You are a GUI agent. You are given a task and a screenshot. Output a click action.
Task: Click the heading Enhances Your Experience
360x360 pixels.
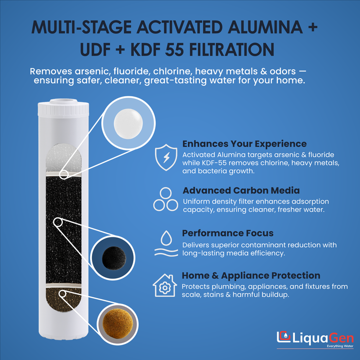click(244, 144)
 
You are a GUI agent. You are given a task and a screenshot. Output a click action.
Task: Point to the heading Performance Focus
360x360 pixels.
click(228, 233)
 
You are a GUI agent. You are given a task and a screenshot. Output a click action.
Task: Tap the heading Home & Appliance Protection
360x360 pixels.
click(251, 275)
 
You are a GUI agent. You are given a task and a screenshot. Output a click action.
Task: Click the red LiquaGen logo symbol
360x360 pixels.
click(283, 337)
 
